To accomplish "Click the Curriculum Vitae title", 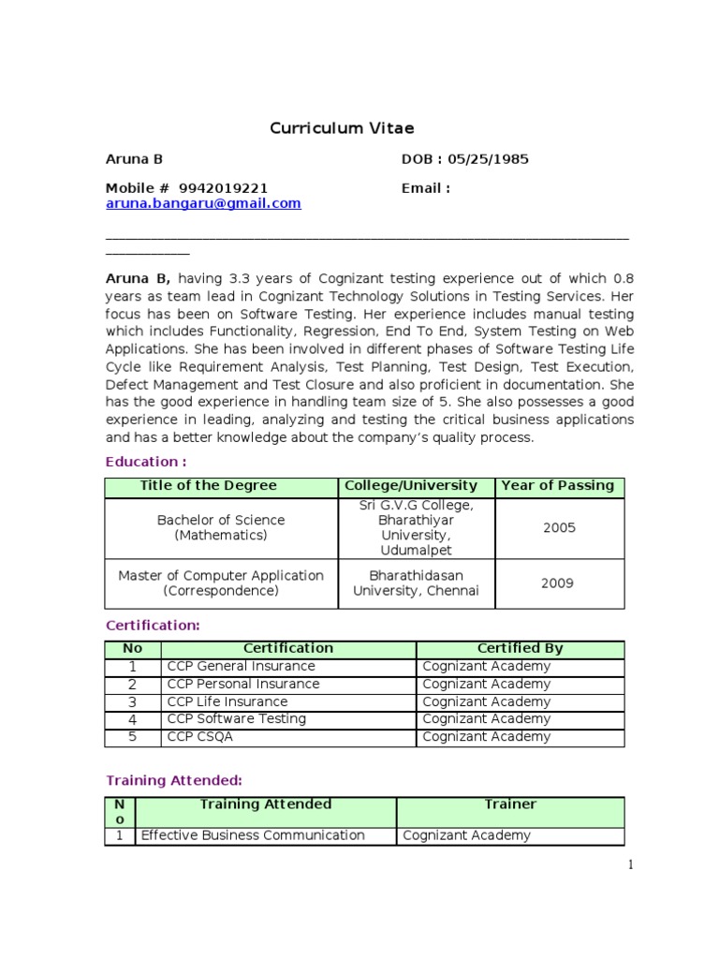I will tap(342, 127).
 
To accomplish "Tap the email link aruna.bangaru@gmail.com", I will tap(203, 203).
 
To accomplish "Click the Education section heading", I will tap(146, 462).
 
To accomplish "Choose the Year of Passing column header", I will tap(558, 486).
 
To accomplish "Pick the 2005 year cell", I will tap(559, 528).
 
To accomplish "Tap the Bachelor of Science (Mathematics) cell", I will tap(221, 528).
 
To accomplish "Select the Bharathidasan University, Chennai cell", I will tap(416, 583).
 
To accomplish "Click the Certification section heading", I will tap(153, 625).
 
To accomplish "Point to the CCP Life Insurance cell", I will tap(227, 701).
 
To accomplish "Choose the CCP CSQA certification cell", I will tap(200, 737).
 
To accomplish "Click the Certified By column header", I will tap(520, 648).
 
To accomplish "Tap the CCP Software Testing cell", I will tap(237, 719).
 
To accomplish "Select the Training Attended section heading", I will tap(174, 780).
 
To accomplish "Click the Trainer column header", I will tap(510, 804).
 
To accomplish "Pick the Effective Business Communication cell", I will tap(252, 835).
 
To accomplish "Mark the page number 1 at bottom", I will tap(631, 865).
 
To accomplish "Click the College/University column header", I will tap(411, 486).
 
